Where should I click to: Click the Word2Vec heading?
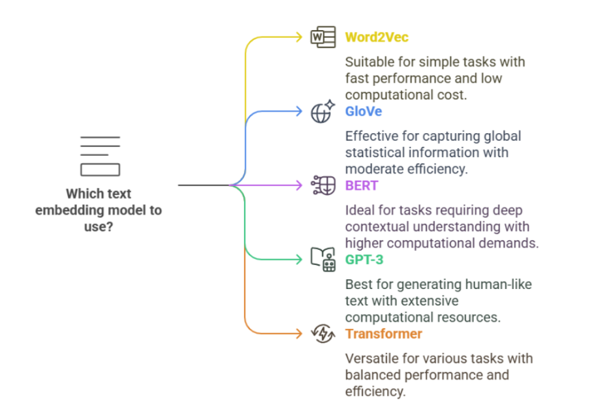coord(377,37)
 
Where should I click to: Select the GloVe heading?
coord(364,112)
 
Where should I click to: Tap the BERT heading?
coord(362,186)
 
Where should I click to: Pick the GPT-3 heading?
coord(365,260)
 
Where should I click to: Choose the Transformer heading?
coord(384,334)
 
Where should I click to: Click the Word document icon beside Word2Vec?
coord(323,37)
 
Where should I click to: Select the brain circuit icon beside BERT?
coord(323,186)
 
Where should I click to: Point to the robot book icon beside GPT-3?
coord(323,260)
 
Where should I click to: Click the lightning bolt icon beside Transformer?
coord(323,334)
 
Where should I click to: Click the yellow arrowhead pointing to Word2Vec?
coord(298,37)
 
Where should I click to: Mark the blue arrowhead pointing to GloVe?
coord(298,112)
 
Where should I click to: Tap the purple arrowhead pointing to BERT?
coord(298,186)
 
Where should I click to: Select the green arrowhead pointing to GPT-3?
coord(298,260)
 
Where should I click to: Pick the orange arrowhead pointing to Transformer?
coord(298,334)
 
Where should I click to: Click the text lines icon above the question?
coord(100,157)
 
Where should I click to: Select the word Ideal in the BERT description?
coord(360,210)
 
